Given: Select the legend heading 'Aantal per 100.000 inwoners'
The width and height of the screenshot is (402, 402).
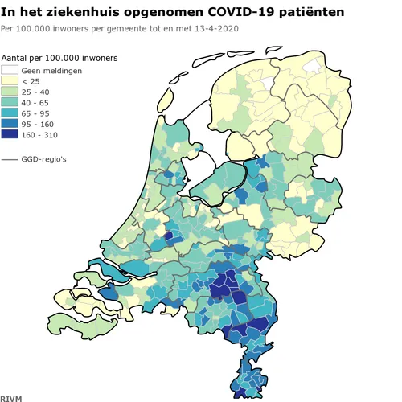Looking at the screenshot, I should point(60,59).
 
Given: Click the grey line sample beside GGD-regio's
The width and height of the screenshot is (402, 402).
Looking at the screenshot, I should point(10,160).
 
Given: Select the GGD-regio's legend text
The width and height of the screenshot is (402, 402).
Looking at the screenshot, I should point(44,160).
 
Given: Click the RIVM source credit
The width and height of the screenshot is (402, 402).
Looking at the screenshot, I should point(11,397).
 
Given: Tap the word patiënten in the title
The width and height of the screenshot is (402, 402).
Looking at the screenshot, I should point(301,13).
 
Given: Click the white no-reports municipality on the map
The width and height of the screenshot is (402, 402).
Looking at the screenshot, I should point(322,65).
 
